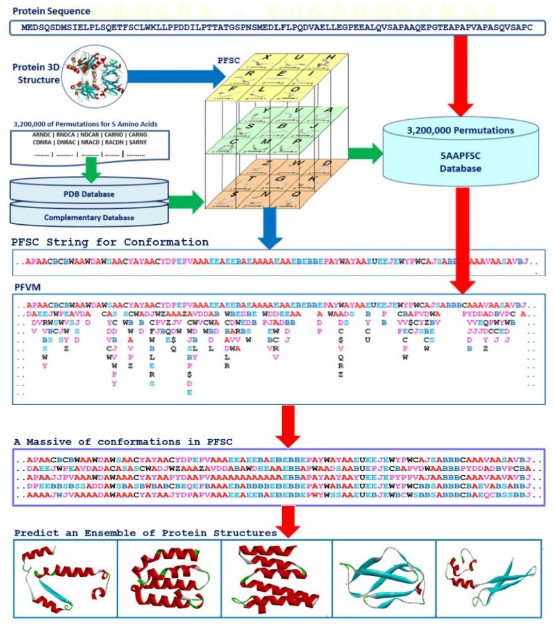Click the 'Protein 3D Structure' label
point(36,74)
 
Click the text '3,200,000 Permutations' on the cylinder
point(460,131)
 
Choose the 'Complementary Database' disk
point(89,217)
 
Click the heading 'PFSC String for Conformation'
point(110,243)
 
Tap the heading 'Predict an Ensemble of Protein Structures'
point(145,533)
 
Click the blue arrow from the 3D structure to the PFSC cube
point(173,76)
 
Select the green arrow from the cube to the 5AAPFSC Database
point(364,153)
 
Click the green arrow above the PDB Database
point(93,168)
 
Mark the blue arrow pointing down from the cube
point(270,229)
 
